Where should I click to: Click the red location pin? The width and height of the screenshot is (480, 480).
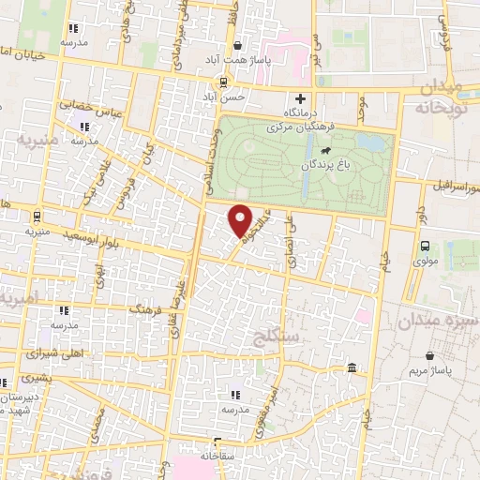pos(241,221)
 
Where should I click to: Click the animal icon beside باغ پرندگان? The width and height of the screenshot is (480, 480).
pos(324,150)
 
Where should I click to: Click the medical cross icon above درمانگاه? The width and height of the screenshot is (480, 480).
pos(300,98)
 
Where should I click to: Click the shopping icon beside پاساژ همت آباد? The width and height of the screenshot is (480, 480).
pos(238,44)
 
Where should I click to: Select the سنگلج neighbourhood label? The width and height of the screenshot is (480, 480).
pos(273,334)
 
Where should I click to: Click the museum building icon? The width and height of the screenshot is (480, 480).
pos(352,367)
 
